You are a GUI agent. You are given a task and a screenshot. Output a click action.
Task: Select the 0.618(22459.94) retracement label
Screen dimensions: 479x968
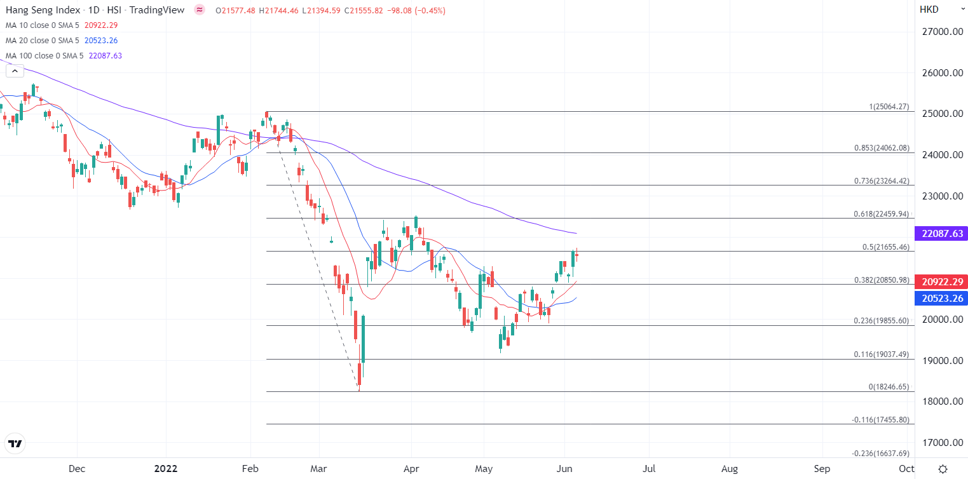(882, 214)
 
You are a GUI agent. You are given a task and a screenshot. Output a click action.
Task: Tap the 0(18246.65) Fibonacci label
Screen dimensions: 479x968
(889, 387)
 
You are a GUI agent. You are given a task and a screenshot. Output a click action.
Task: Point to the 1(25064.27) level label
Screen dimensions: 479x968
(889, 107)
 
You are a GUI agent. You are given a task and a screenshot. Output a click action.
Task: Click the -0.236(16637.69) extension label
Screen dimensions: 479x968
(880, 453)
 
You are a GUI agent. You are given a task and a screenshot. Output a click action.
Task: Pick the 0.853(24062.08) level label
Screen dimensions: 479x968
(882, 148)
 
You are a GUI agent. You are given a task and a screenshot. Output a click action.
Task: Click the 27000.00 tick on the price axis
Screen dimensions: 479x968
(943, 32)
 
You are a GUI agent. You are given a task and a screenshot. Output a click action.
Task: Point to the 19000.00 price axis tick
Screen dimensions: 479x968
(943, 360)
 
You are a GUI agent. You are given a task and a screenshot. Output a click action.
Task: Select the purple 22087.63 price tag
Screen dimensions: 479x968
(940, 234)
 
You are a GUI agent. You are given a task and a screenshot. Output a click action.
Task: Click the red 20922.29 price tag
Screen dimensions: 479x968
(940, 281)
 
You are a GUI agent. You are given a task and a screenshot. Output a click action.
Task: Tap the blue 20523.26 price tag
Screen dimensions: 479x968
(940, 298)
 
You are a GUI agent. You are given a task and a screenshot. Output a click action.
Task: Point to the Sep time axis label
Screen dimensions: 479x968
(822, 469)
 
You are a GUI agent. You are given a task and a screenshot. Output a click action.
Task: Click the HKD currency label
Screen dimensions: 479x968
(929, 10)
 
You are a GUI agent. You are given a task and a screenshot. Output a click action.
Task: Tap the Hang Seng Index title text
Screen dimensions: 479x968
(43, 10)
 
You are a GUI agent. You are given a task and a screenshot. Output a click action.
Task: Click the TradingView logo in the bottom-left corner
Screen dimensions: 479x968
(15, 443)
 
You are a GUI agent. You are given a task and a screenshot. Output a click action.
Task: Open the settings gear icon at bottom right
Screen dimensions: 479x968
(943, 469)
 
